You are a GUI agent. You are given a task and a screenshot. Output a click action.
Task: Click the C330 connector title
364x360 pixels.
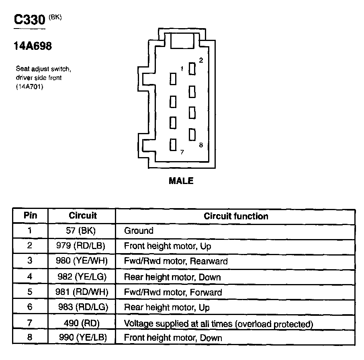tap(29, 20)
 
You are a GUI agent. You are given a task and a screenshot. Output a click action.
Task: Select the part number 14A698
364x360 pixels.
tap(33, 47)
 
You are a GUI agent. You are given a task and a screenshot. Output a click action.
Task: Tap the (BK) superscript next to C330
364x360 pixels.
tap(56, 17)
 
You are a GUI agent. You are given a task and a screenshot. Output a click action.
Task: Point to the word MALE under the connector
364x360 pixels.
tap(181, 181)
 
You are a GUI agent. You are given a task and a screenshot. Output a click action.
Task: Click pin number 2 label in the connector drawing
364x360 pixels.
tap(201, 60)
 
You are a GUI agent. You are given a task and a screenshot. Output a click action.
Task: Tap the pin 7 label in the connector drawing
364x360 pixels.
tap(182, 152)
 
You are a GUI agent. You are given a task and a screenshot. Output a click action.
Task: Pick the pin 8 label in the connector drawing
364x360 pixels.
tap(201, 145)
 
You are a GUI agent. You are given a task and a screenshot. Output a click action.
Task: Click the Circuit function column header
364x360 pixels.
tap(235, 216)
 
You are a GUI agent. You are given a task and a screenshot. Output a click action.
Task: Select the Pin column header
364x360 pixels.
tap(30, 215)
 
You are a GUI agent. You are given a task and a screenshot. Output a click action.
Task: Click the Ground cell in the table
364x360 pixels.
tap(139, 231)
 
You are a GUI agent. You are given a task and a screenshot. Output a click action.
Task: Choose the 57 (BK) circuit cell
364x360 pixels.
tap(82, 231)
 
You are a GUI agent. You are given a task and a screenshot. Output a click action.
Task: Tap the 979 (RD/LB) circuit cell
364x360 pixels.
tap(82, 246)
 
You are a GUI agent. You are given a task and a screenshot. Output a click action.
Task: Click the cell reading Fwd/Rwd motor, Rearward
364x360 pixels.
tap(176, 261)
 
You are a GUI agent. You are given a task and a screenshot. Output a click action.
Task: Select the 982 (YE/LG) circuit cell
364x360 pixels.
tap(82, 277)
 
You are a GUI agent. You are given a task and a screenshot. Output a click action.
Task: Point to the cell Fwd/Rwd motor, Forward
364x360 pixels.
tap(173, 292)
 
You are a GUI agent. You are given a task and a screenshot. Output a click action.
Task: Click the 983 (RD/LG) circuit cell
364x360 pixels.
tap(83, 307)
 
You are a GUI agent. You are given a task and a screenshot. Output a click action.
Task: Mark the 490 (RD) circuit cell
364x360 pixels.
tap(82, 323)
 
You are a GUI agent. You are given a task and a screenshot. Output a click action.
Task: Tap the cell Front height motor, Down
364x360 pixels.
tap(173, 338)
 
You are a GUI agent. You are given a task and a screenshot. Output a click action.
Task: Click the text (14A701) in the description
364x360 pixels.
tap(29, 86)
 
